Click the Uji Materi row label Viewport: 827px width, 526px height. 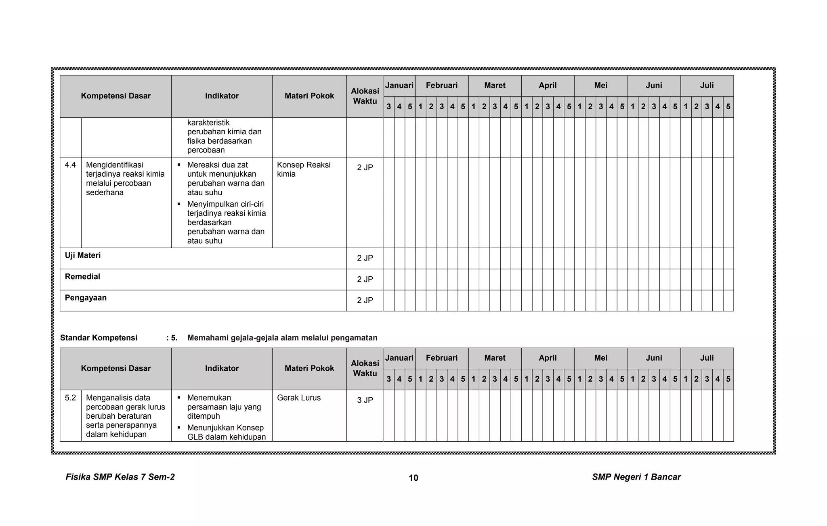[x=83, y=255]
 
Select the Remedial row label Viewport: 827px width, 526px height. [x=82, y=277]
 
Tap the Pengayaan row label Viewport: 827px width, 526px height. [x=86, y=298]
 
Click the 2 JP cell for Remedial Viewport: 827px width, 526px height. [x=365, y=279]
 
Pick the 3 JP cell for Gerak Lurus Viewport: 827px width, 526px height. [x=365, y=400]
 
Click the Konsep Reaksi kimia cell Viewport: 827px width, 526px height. [x=304, y=169]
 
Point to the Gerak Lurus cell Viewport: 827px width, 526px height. [x=299, y=398]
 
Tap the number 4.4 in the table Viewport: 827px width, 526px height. [x=70, y=165]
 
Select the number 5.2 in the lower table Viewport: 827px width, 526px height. [x=70, y=398]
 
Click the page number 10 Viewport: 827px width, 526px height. [x=413, y=478]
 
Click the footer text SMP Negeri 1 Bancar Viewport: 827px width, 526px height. [x=636, y=477]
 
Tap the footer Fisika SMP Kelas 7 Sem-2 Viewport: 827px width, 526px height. [x=120, y=477]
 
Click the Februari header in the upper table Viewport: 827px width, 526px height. [x=442, y=86]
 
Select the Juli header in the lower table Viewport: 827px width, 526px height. [x=707, y=358]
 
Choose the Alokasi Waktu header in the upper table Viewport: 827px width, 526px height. [x=365, y=96]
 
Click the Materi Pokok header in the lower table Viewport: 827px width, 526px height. [x=309, y=368]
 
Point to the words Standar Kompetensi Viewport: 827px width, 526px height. [x=99, y=338]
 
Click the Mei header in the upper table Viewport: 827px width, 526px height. [x=601, y=86]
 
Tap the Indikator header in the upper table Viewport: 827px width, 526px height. [x=222, y=96]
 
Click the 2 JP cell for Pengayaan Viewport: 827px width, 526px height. [x=365, y=300]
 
